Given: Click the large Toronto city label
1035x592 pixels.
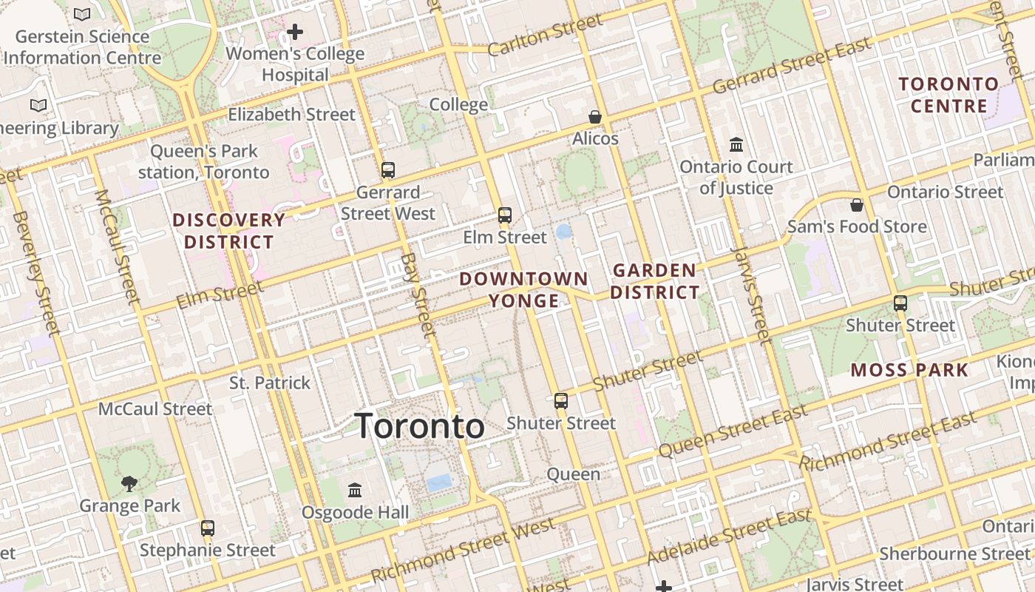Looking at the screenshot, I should point(420,427).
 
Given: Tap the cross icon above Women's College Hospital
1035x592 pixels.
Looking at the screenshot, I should point(295,32).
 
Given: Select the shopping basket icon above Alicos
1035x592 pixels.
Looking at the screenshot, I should point(595,117).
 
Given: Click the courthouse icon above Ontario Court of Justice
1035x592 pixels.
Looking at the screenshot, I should point(736,144).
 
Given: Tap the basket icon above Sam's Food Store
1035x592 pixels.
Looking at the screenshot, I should point(857,205).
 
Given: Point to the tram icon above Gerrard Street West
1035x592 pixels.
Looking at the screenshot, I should point(388,170).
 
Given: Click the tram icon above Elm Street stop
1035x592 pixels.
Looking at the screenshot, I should point(505,215).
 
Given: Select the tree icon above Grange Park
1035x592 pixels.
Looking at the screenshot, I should point(129,484).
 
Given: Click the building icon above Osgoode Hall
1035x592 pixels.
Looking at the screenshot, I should point(355,490).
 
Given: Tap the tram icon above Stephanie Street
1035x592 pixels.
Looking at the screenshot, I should point(208,528).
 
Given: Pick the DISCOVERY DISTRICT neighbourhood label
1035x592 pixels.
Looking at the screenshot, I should point(228,231).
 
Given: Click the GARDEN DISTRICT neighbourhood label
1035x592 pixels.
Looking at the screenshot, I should point(654,281).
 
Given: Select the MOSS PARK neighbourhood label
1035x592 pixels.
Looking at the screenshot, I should point(909,370).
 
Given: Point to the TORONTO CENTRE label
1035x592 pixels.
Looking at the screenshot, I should point(949,95).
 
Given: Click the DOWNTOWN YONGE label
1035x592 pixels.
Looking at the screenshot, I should point(523,289).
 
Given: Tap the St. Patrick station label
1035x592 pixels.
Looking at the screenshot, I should point(270,383).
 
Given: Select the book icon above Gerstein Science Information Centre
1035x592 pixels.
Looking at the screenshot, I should point(82,14).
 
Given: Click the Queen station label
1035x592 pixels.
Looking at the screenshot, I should point(573,474).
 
